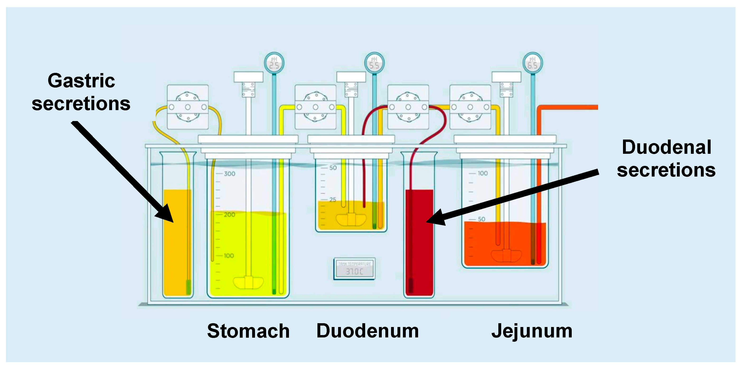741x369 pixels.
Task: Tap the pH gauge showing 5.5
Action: pos(374,63)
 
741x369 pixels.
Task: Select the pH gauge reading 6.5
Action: pos(533,63)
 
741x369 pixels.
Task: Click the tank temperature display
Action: pos(354,269)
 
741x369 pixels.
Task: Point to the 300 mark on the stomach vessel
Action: pos(229,174)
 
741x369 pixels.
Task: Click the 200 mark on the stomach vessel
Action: pos(229,215)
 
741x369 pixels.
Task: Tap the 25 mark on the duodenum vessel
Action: pos(333,200)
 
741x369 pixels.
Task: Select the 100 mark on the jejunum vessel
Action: pos(482,173)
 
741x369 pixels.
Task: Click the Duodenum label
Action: pos(367,331)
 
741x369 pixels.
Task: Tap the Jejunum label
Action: pos(532,331)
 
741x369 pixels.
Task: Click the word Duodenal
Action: pos(666,147)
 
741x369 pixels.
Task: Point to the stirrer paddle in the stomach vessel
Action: pos(248,283)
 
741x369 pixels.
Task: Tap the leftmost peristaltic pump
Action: pos(188,107)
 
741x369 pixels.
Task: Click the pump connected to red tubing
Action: pos(408,107)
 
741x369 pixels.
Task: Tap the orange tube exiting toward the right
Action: pos(570,107)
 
